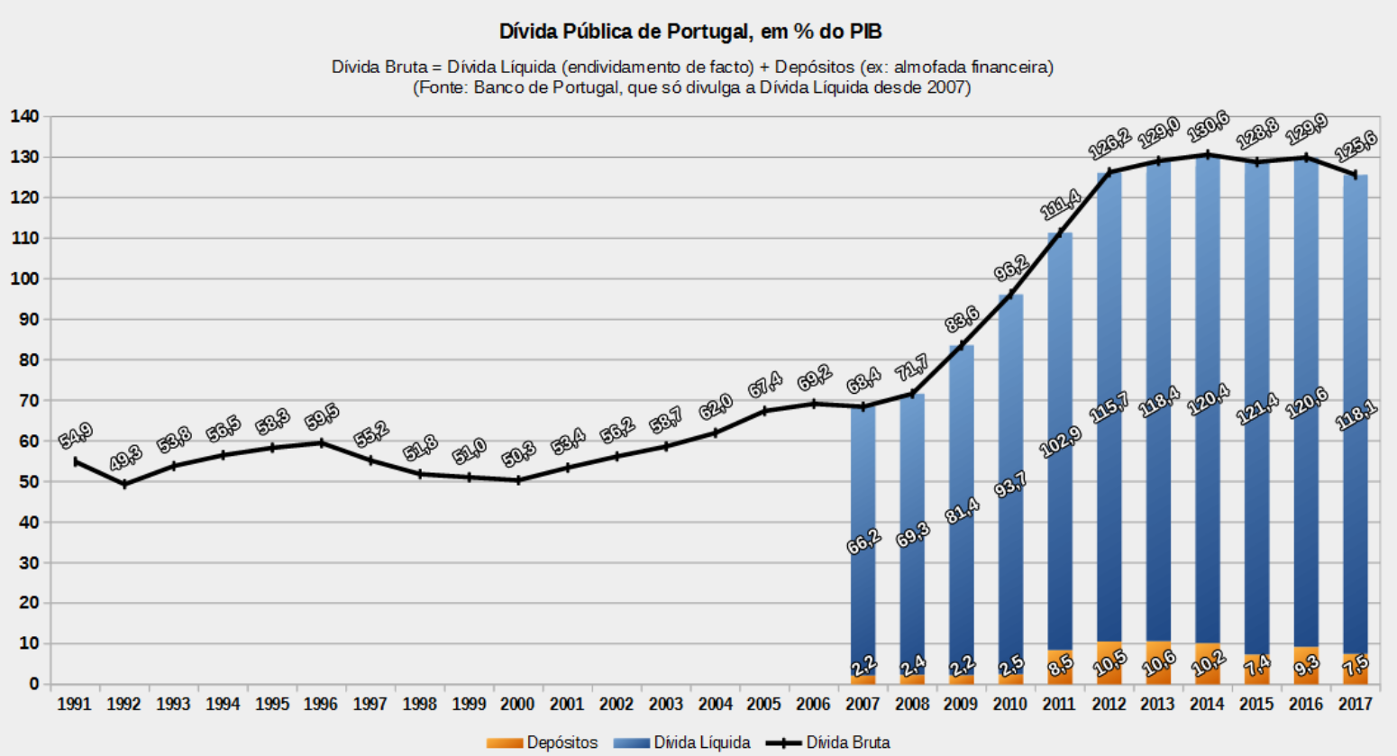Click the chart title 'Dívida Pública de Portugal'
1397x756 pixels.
pos(690,32)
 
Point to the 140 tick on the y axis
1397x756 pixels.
pos(24,116)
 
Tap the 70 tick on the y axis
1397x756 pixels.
pos(29,400)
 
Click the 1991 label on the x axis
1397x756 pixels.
pos(74,704)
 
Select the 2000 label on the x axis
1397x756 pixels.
pos(517,704)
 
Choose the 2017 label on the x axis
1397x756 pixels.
pos(1355,704)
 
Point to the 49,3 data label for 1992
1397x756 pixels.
pos(125,458)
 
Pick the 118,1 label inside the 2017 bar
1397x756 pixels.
pos(1355,415)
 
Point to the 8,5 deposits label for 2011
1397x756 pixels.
pos(1060,667)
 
